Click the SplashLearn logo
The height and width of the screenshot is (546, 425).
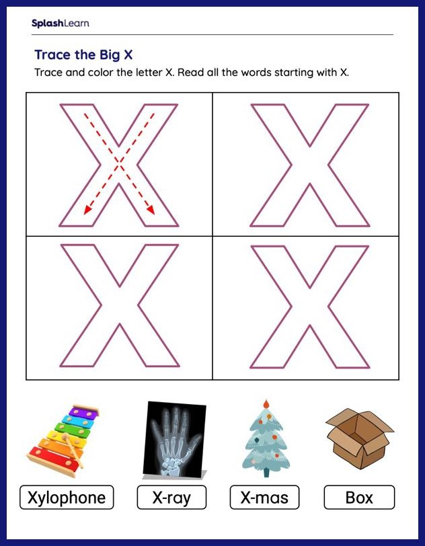[x=60, y=24]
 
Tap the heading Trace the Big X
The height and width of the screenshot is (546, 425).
[x=83, y=54]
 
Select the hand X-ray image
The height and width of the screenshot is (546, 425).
[x=173, y=438]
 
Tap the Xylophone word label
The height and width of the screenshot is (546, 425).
[x=67, y=498]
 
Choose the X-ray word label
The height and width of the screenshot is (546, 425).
[x=171, y=498]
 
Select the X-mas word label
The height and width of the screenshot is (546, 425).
[x=264, y=498]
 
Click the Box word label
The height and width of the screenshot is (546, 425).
[x=359, y=498]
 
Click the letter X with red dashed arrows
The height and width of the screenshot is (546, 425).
[x=119, y=165]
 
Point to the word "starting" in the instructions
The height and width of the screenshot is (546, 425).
[x=301, y=73]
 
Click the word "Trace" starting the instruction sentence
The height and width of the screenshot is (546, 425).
[x=48, y=73]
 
